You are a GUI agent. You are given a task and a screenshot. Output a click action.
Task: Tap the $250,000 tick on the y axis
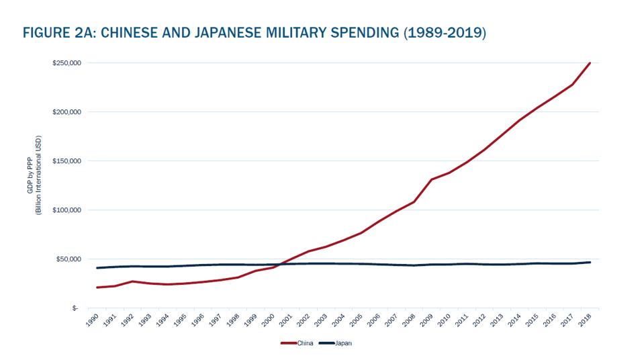(x=66, y=63)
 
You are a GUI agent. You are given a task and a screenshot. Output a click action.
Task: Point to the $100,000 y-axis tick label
(x=66, y=210)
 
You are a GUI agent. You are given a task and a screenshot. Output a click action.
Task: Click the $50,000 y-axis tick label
(x=68, y=259)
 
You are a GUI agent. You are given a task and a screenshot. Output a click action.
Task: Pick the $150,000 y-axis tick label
(x=66, y=161)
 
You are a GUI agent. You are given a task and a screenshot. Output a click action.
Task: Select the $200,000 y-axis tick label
(x=66, y=112)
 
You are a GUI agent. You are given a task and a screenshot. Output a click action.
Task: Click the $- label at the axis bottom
(x=75, y=308)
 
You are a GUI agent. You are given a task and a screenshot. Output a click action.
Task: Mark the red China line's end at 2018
(x=590, y=63)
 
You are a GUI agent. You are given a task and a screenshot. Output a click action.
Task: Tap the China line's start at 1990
(x=97, y=287)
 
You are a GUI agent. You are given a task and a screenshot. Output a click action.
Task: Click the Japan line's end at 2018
(x=590, y=262)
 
